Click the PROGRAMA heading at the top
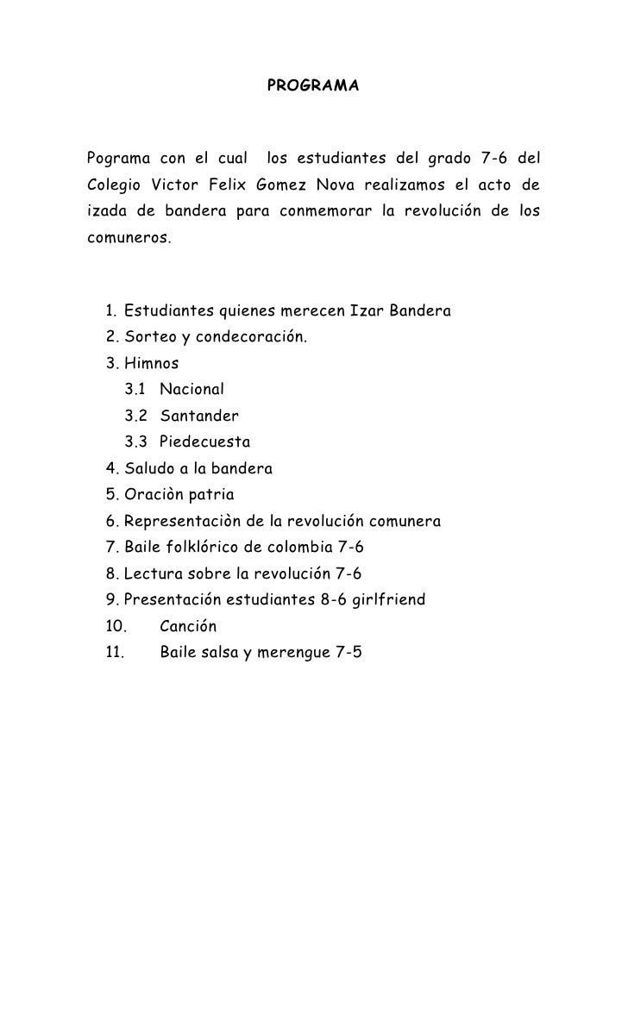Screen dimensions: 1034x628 click(313, 87)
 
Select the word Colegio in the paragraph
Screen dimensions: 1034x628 click(113, 185)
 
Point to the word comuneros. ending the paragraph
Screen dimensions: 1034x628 click(129, 237)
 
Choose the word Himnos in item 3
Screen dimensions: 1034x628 click(152, 363)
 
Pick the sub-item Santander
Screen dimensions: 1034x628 click(199, 417)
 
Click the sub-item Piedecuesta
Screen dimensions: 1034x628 click(205, 442)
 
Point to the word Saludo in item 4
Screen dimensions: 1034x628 click(150, 470)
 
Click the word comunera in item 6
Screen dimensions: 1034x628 click(404, 522)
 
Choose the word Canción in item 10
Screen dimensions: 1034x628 click(188, 627)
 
